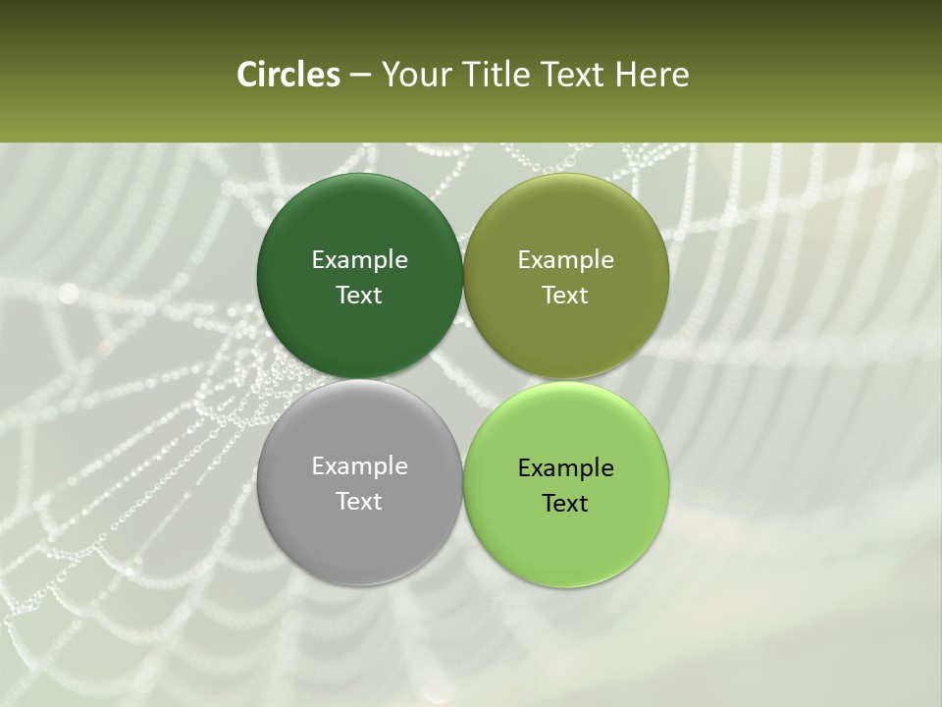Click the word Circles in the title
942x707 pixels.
(x=288, y=75)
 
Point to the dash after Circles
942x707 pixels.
(x=360, y=76)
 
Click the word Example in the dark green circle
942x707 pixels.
(x=359, y=259)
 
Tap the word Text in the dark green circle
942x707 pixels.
(x=359, y=295)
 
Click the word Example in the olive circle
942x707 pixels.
(x=566, y=259)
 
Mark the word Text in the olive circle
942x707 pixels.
(x=566, y=295)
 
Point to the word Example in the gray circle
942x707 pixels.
(x=359, y=465)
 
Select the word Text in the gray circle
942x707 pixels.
(x=359, y=501)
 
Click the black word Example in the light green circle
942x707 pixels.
(x=566, y=467)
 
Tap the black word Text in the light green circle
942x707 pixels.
(x=566, y=503)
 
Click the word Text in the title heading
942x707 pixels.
(x=573, y=75)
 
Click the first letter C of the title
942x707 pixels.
(x=247, y=75)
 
